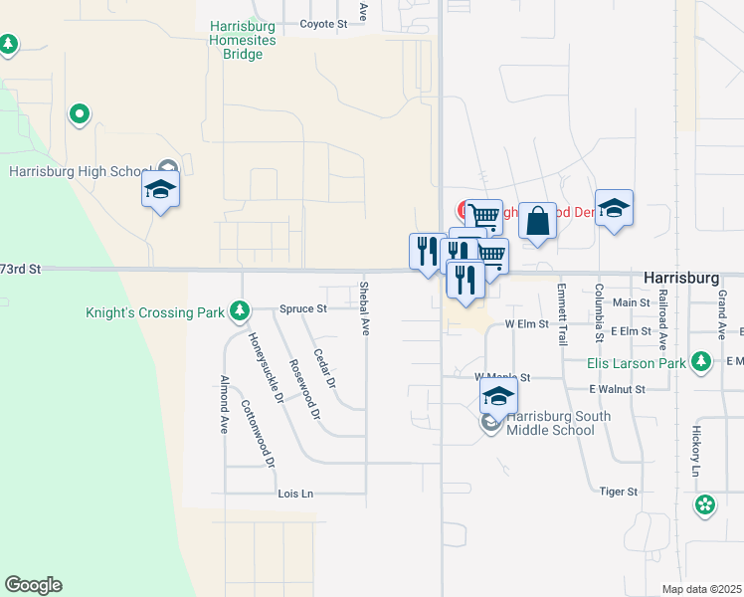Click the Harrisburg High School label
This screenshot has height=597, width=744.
click(78, 171)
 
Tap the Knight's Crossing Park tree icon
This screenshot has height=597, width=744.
click(239, 313)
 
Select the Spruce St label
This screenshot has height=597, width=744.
click(303, 308)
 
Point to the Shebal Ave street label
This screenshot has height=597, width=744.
click(364, 308)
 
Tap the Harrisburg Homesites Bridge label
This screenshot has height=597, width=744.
click(236, 40)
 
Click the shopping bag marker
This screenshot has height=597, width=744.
click(537, 222)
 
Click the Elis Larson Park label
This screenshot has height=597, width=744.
click(637, 362)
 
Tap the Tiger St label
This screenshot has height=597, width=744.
click(618, 492)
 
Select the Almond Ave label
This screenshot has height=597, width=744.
click(224, 403)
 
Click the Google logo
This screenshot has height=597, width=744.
click(33, 585)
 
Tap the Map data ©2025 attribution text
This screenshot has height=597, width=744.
click(701, 590)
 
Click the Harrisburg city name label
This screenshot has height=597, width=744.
click(681, 279)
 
